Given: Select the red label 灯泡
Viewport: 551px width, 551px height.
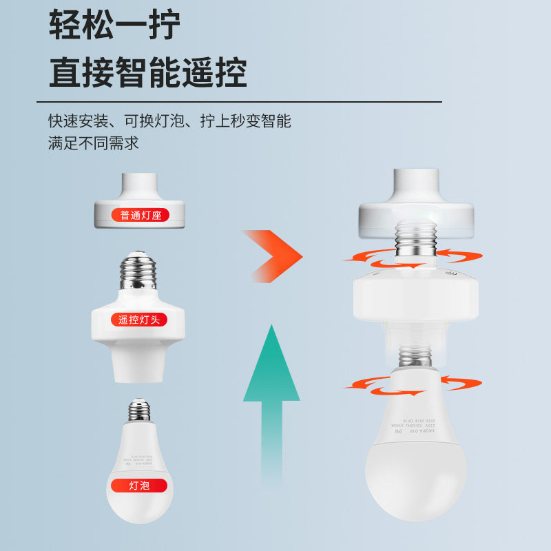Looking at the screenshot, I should (139, 485).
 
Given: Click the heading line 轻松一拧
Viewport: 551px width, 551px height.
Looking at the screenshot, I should (114, 26).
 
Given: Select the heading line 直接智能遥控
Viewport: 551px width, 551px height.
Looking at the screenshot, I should (147, 72).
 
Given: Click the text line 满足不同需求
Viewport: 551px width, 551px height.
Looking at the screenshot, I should (94, 143).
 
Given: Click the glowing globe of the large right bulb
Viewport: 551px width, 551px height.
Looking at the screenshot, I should (415, 475).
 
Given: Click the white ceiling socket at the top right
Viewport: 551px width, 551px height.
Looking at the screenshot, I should (415, 200).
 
